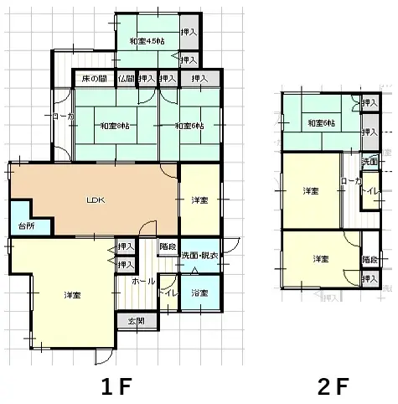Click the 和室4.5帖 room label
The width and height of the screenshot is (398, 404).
(146, 41)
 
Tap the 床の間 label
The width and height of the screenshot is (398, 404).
(94, 80)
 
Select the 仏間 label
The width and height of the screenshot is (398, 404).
(126, 80)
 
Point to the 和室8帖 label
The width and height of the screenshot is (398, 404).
(114, 126)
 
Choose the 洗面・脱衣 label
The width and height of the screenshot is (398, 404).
(199, 255)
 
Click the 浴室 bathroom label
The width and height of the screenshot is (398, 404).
(199, 293)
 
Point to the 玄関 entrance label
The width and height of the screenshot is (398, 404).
(136, 321)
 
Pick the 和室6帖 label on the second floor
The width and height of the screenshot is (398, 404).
(321, 124)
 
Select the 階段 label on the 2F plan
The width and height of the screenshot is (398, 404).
(370, 261)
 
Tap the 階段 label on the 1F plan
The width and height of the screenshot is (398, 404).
(168, 246)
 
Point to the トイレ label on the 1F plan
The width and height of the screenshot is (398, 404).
(168, 293)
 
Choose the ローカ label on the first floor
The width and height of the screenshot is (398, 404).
(61, 117)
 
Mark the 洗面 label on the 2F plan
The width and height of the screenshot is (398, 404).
(370, 160)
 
